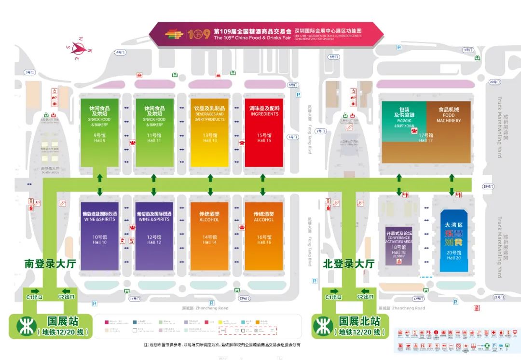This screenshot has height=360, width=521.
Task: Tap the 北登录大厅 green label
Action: [x=349, y=264]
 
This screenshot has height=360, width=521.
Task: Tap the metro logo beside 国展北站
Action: [x=323, y=326]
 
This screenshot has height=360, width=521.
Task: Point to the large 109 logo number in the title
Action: [x=199, y=34]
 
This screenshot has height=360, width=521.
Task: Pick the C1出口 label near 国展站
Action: [x=37, y=297]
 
